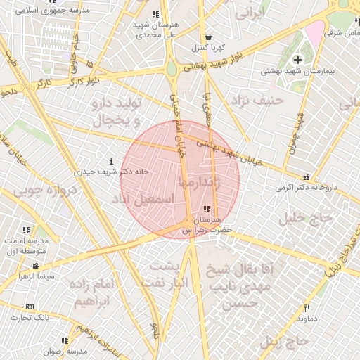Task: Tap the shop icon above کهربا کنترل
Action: [x=208, y=37]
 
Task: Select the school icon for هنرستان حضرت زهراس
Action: [x=206, y=209]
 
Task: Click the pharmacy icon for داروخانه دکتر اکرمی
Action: [x=305, y=177]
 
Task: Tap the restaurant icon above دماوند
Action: [x=307, y=308]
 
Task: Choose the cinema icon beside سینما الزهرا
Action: [x=36, y=266]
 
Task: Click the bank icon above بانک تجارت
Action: [x=30, y=307]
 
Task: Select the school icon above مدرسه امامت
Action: [x=26, y=230]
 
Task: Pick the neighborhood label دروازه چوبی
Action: [x=41, y=191]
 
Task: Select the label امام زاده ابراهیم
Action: [x=93, y=295]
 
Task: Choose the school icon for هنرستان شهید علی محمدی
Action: [x=155, y=14]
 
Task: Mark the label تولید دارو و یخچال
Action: [x=116, y=112]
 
